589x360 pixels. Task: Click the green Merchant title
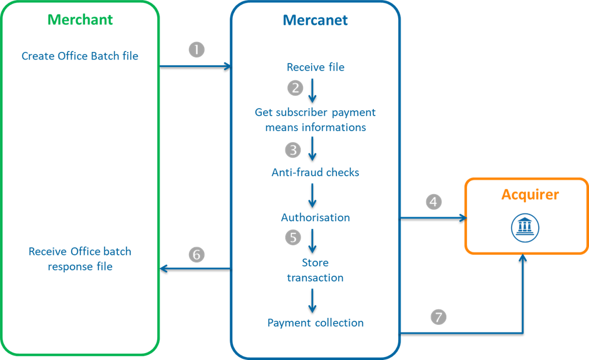pos(80,20)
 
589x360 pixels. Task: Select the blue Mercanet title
pos(315,21)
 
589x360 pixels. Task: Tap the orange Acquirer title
pos(529,195)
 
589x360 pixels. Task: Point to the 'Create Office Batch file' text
pos(80,56)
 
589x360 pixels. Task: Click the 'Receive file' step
pos(315,67)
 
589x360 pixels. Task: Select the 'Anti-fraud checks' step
pos(315,172)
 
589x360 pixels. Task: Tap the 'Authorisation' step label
pos(315,218)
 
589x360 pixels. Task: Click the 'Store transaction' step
pos(315,270)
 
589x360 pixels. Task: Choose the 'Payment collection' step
pos(315,323)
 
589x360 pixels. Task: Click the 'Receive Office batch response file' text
pos(80,259)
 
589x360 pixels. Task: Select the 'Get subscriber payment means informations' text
pos(315,120)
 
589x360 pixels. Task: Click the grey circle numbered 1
pos(197,50)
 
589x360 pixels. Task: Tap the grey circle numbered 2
pos(295,88)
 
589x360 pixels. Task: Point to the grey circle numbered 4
pos(434,202)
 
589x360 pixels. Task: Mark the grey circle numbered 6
pos(197,254)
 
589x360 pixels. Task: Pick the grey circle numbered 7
pos(438,317)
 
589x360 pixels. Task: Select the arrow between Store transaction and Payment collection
pos(313,299)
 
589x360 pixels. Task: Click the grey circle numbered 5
pos(294,236)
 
